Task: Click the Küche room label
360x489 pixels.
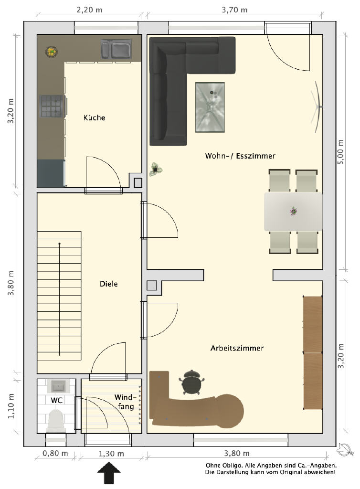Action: pos(94,117)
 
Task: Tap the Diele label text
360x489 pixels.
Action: pos(108,284)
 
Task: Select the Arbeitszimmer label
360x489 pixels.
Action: pos(237,348)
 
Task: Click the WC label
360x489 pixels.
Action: pos(56,400)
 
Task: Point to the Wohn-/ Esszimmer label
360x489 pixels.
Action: pos(240,156)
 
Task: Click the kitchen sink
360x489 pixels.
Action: pos(116,50)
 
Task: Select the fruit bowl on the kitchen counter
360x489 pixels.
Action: pos(51,52)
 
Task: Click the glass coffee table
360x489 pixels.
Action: pos(210,107)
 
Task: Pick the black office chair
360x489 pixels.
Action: pos(191,383)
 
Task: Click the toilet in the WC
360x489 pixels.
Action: pos(56,421)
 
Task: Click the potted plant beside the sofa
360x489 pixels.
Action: pos(156,170)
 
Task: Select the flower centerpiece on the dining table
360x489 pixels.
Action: pos(293,211)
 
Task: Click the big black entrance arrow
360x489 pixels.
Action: pos(109,473)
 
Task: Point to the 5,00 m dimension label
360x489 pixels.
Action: pos(341,152)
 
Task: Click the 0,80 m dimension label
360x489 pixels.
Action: pos(55,454)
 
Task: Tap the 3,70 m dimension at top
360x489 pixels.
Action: pos(234,10)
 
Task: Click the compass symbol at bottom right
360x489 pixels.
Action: pos(345,450)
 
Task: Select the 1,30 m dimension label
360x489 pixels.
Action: pos(111,454)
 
